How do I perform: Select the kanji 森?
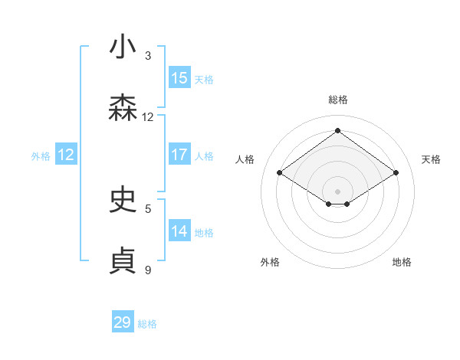[x=123, y=109]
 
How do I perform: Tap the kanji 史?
[x=123, y=200]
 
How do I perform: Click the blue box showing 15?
[x=179, y=78]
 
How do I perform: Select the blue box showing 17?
[x=179, y=155]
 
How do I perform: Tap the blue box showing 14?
[x=179, y=231]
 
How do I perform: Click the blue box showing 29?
[x=123, y=322]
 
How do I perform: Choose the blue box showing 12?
[x=66, y=155]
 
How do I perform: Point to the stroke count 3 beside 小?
[x=148, y=56]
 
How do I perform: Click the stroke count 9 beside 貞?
[x=148, y=270]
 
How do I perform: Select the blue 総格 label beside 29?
[x=147, y=324]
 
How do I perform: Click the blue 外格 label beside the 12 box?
[x=41, y=156]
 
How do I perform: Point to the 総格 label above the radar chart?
[x=338, y=100]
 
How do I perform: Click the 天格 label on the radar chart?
[x=432, y=159]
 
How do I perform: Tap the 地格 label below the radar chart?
[x=402, y=262]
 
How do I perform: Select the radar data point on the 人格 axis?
[x=280, y=173]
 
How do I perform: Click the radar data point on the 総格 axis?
[x=338, y=130]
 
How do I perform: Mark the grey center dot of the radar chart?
[x=338, y=191]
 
